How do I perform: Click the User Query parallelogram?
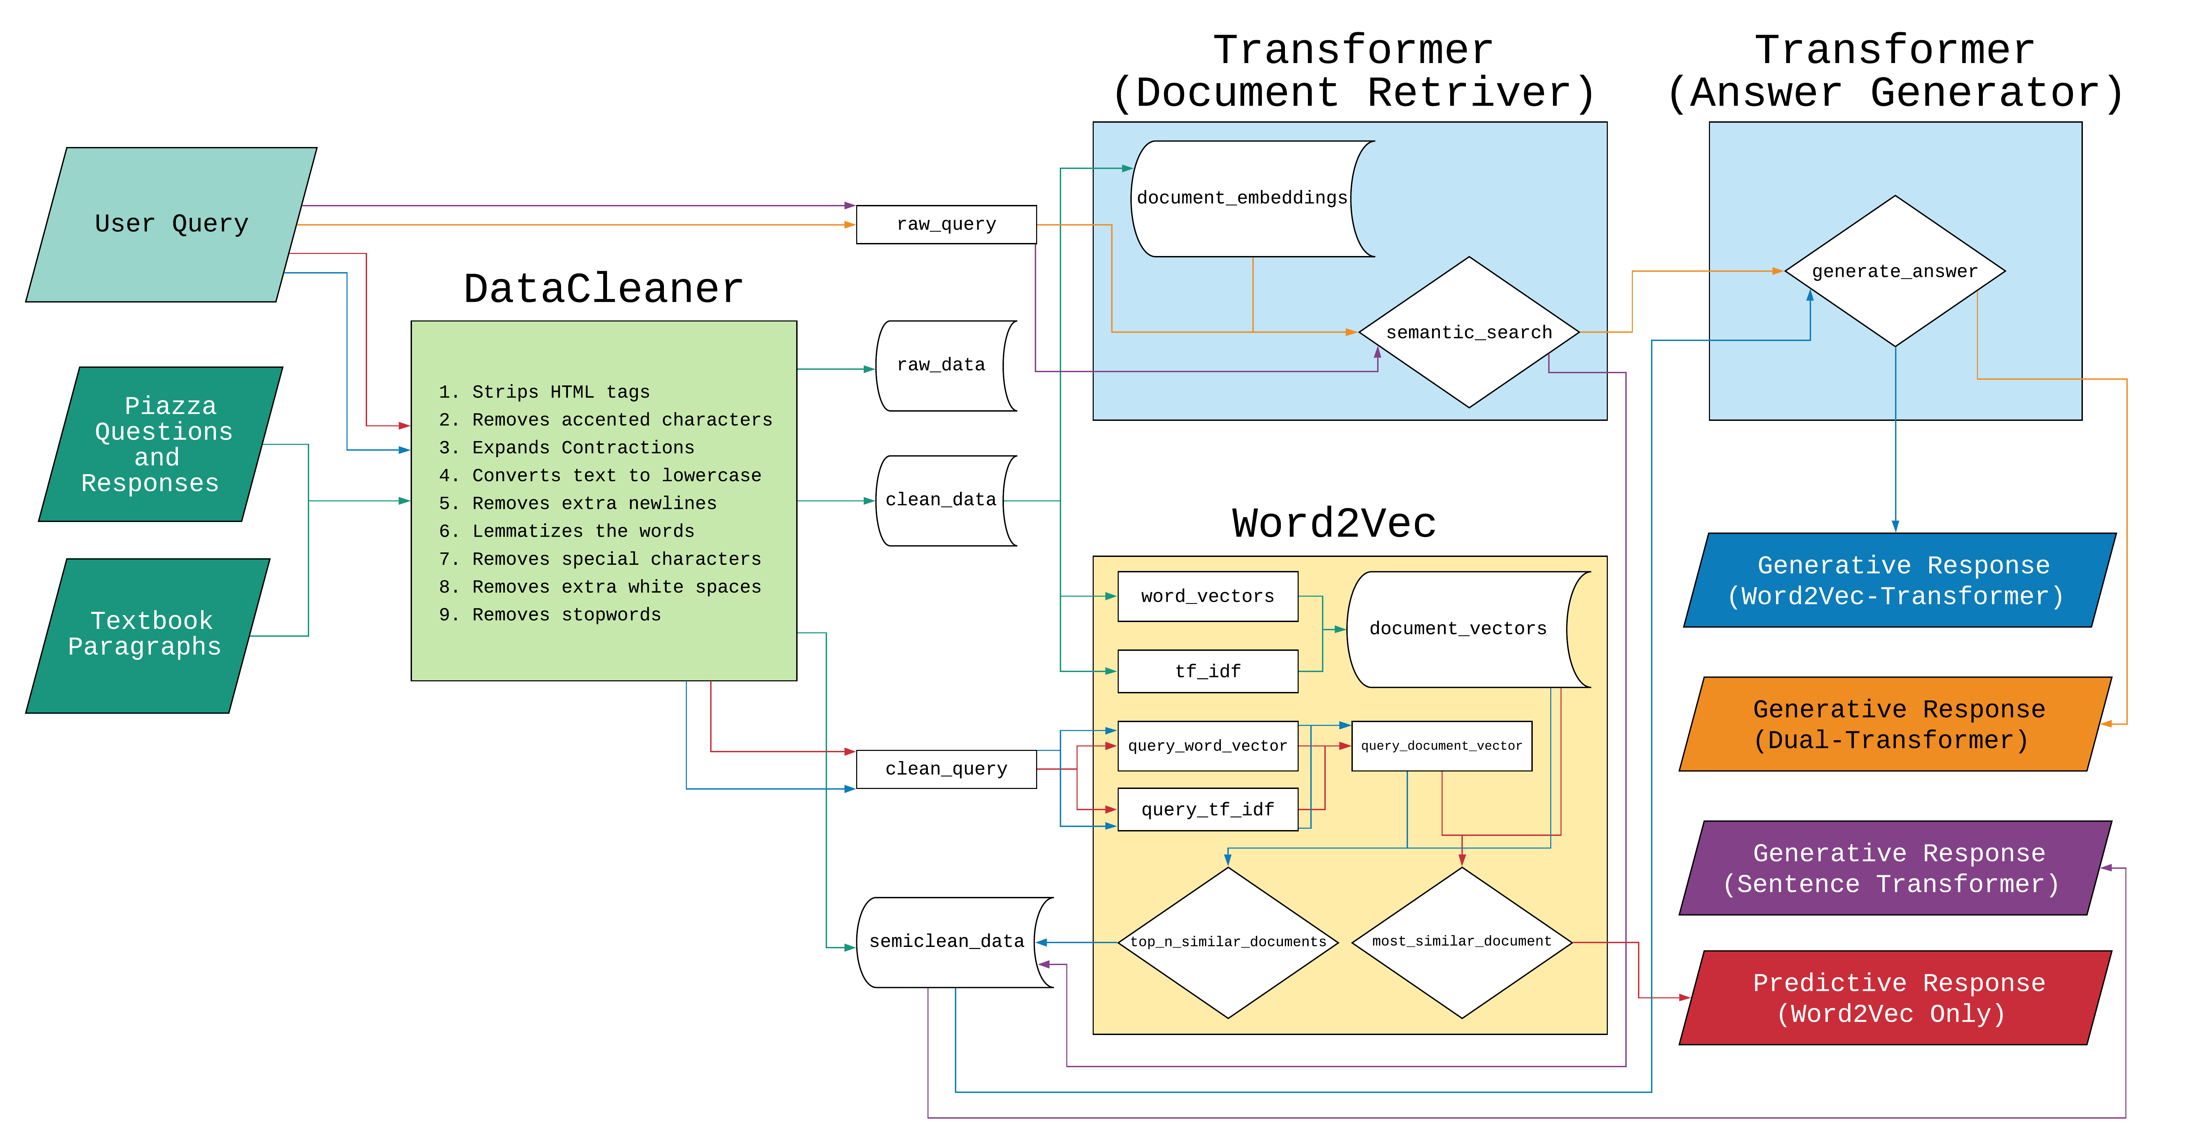pyautogui.click(x=171, y=224)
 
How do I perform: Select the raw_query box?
pyautogui.click(x=946, y=225)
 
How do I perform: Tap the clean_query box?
pyautogui.click(x=946, y=769)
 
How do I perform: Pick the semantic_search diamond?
pyautogui.click(x=1468, y=332)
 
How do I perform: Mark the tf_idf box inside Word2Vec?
pyautogui.click(x=1207, y=672)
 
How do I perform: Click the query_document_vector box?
pyautogui.click(x=1441, y=746)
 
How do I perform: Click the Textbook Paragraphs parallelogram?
pyautogui.click(x=146, y=634)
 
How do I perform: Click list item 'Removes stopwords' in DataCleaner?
pyautogui.click(x=566, y=615)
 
